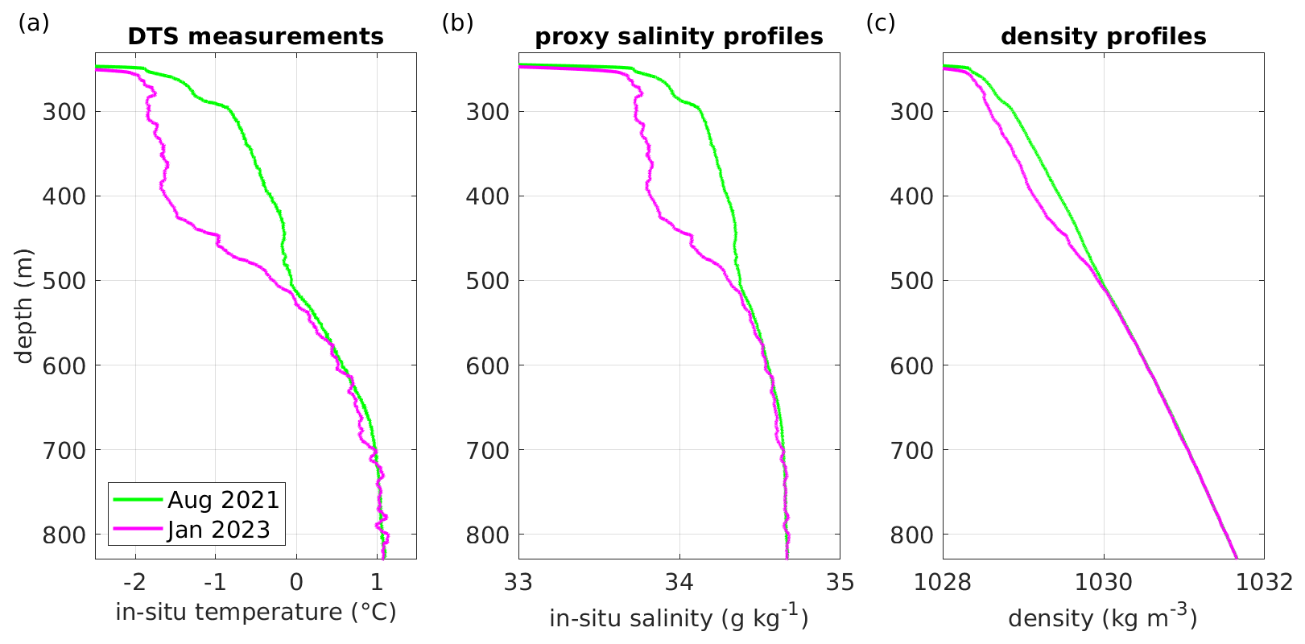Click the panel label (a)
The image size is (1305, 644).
click(x=34, y=23)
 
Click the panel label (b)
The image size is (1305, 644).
click(x=457, y=23)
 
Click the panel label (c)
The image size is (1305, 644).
click(x=881, y=23)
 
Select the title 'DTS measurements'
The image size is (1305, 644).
click(x=255, y=37)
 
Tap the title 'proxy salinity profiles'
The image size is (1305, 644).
click(x=679, y=37)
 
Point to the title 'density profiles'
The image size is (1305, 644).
click(x=1103, y=37)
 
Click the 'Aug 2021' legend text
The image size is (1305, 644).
click(x=223, y=500)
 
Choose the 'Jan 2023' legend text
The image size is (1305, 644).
click(x=218, y=530)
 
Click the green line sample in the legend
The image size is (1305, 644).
click(x=138, y=500)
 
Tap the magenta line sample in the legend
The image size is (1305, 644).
click(x=138, y=530)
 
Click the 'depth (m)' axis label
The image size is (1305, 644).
click(x=24, y=306)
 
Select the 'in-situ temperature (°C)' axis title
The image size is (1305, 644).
click(x=255, y=613)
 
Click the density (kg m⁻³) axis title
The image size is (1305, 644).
click(x=1103, y=617)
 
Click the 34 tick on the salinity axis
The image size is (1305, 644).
click(x=679, y=582)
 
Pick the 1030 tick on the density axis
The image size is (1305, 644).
click(x=1103, y=582)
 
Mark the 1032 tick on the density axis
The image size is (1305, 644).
click(x=1263, y=582)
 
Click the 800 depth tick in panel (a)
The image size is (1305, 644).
click(x=64, y=535)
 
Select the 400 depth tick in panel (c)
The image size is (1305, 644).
click(x=911, y=196)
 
